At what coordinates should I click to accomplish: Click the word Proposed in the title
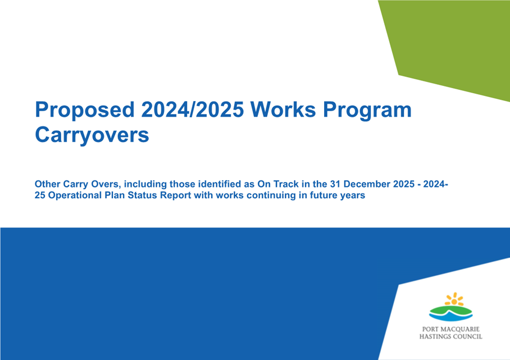[85, 110]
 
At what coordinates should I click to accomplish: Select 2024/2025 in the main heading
[192, 110]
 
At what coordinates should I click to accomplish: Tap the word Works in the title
[283, 110]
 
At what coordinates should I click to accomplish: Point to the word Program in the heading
[367, 111]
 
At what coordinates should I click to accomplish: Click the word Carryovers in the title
[92, 135]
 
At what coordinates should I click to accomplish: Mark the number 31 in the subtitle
[335, 184]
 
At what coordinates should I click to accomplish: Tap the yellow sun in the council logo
[454, 299]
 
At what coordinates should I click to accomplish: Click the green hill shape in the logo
[451, 309]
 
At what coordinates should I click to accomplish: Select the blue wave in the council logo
[451, 316]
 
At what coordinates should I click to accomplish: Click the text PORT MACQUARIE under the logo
[451, 329]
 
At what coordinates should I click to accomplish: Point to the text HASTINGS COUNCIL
[451, 336]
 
